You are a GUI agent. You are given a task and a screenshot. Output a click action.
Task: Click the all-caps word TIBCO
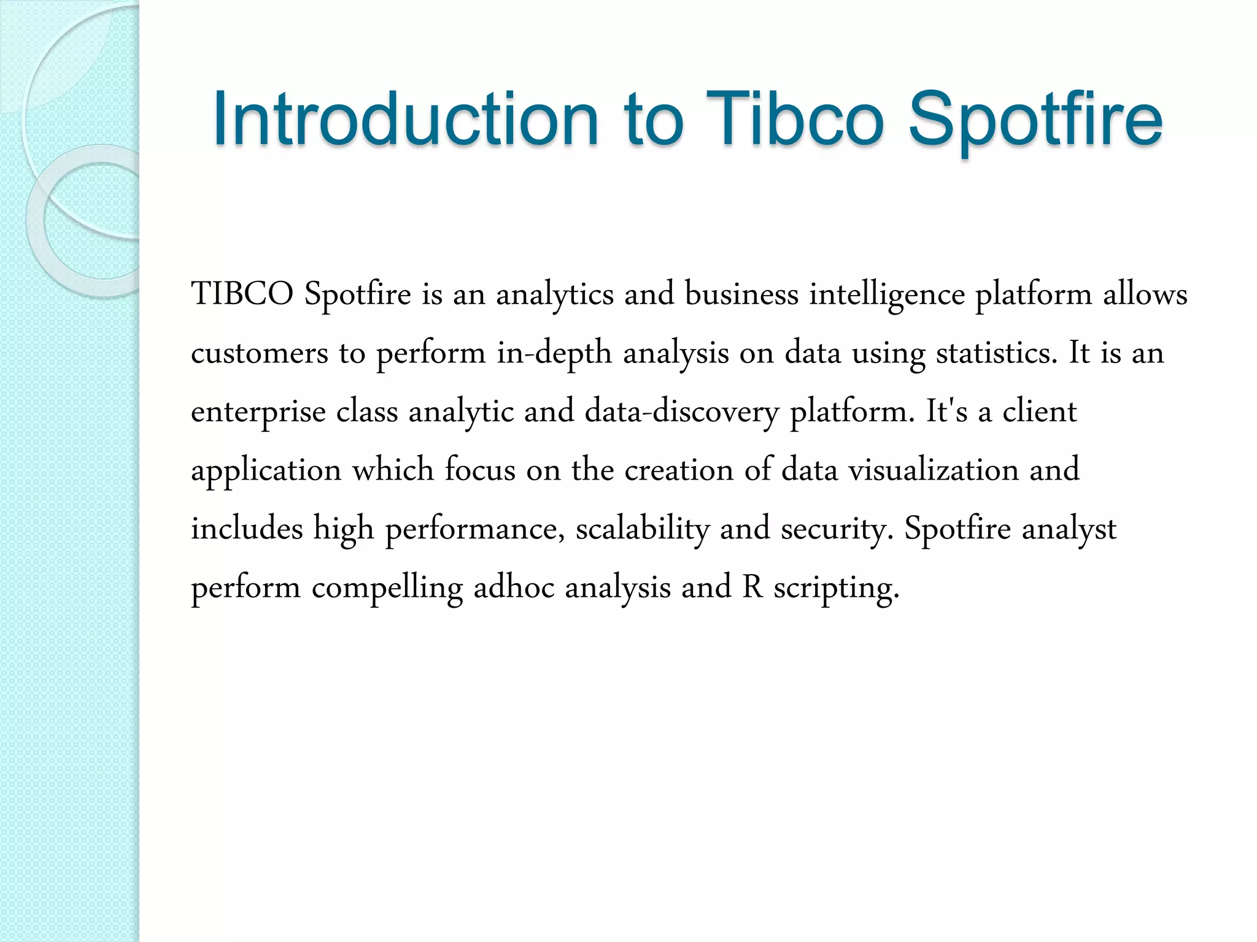(242, 294)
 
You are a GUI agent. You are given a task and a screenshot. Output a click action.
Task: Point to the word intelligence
(887, 295)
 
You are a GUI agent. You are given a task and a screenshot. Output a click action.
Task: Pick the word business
(741, 294)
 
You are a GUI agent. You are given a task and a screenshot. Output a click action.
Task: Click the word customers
(260, 353)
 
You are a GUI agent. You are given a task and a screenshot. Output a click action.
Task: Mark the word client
(1040, 411)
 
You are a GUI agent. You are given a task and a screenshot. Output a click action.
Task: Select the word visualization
(934, 470)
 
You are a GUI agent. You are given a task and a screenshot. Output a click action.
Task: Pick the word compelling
(387, 588)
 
